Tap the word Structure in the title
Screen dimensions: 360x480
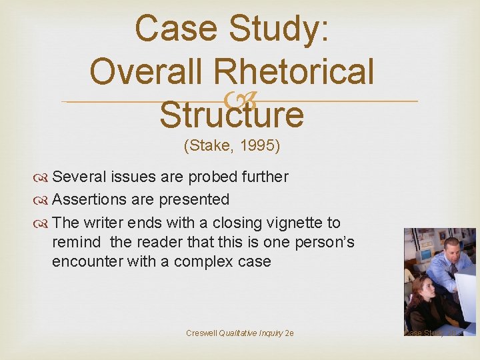coord(232,115)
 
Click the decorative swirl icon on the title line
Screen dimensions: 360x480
coord(238,101)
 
